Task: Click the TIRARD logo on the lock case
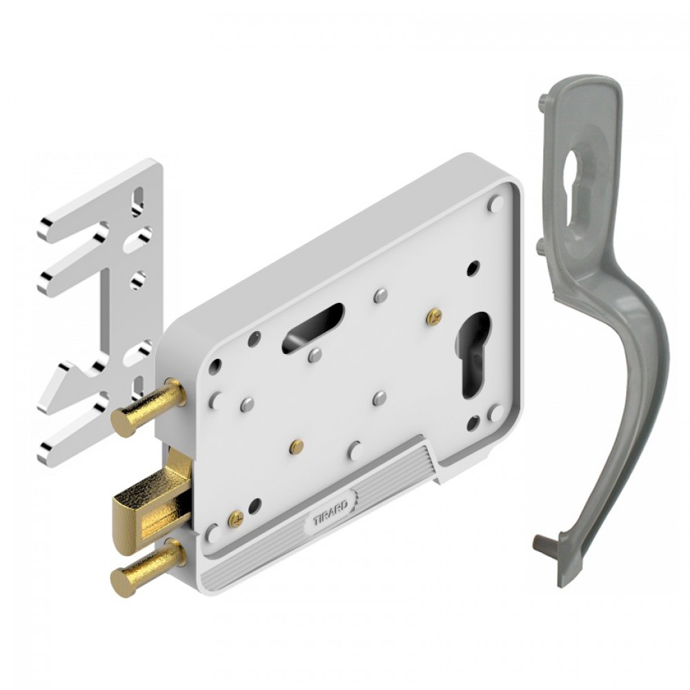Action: pos(331,512)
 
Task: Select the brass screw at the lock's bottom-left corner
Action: pos(236,518)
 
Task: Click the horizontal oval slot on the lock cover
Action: pos(313,327)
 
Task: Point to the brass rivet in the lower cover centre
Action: pos(297,447)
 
